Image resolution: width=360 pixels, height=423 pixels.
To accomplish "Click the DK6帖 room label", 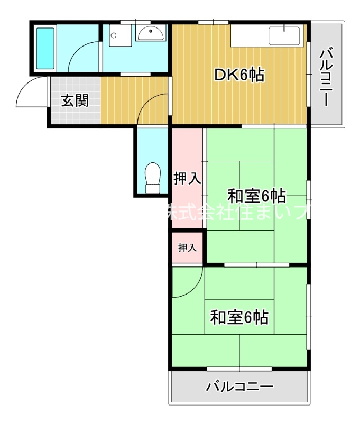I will pyautogui.click(x=239, y=76).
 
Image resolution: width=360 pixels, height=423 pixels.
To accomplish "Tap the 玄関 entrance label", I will pyautogui.click(x=74, y=100).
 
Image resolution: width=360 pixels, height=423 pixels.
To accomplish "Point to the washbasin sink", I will pyautogui.click(x=151, y=33).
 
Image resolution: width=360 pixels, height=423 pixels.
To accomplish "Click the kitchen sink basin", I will pyautogui.click(x=285, y=36).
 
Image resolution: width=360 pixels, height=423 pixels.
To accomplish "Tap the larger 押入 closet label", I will pyautogui.click(x=187, y=179).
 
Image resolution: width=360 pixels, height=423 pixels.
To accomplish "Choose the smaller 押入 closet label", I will pyautogui.click(x=187, y=247).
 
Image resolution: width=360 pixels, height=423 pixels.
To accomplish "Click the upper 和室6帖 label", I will pyautogui.click(x=256, y=196).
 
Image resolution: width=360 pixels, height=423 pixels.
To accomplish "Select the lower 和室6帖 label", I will pyautogui.click(x=239, y=317).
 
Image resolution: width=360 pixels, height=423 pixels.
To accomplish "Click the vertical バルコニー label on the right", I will pyautogui.click(x=327, y=77).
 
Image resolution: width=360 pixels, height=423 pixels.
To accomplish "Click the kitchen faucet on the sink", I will pyautogui.click(x=285, y=27).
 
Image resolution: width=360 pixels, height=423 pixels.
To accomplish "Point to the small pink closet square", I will pyautogui.click(x=187, y=247).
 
